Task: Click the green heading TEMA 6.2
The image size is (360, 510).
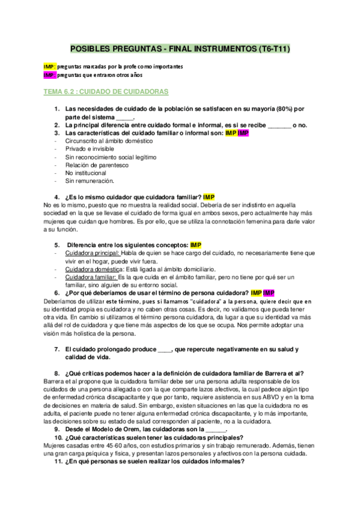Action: tap(106, 92)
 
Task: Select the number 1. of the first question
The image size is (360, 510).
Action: tap(57, 109)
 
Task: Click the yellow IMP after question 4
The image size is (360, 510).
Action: tap(209, 197)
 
